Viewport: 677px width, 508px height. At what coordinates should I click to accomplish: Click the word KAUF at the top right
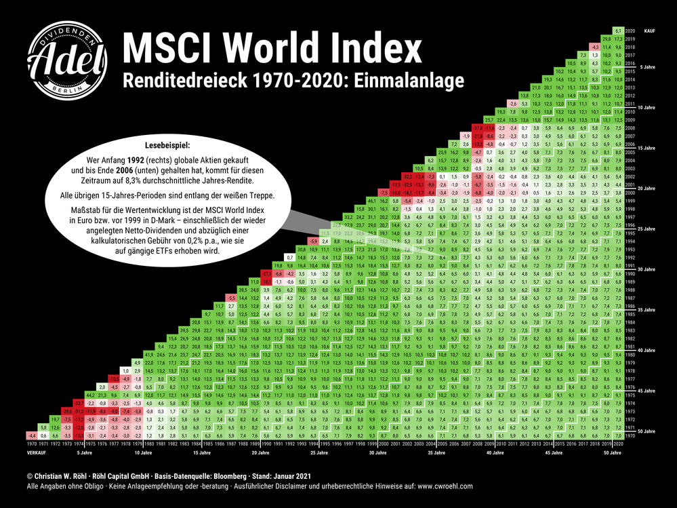click(649, 31)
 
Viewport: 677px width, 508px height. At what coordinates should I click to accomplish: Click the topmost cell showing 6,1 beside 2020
click(618, 31)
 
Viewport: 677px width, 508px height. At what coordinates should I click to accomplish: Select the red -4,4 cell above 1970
click(32, 434)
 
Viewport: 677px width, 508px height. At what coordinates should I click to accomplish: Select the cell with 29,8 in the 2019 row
click(607, 39)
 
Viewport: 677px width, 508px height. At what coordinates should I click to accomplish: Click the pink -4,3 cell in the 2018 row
click(595, 48)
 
